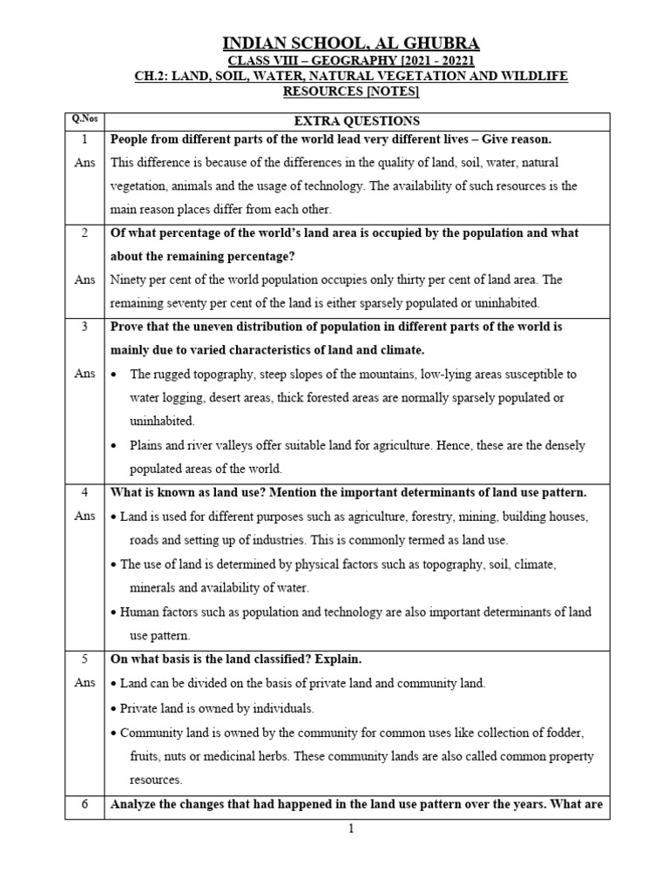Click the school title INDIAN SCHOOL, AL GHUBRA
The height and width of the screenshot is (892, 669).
[x=350, y=43]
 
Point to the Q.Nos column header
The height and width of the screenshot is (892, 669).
[x=84, y=120]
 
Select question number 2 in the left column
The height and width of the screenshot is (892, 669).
[x=85, y=233]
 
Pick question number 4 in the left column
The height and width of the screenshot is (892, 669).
[x=85, y=493]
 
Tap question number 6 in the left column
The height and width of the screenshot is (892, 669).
[x=85, y=805]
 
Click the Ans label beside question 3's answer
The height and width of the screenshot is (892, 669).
[x=85, y=374]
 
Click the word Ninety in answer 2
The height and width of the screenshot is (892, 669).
[x=128, y=280]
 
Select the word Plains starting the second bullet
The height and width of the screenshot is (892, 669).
[x=148, y=445]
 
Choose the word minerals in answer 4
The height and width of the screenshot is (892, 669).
[x=156, y=588]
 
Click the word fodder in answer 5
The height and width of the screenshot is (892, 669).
[x=565, y=732]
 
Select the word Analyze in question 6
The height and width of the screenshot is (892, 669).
[x=134, y=805]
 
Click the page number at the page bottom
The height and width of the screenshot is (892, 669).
[x=351, y=828]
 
